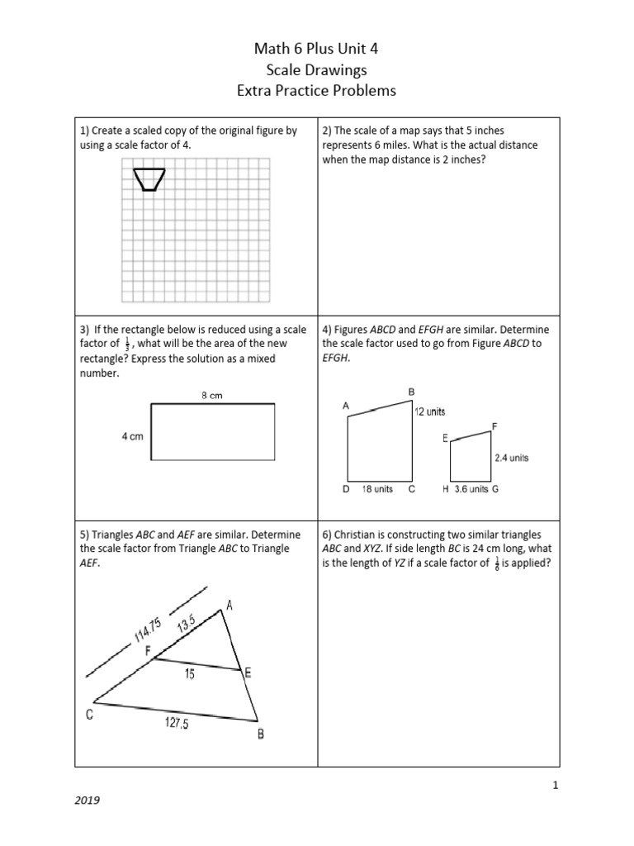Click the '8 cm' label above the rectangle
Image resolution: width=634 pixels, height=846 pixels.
(212, 396)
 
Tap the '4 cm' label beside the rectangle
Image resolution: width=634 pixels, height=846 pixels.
(133, 435)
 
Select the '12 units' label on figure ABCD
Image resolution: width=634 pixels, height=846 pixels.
(430, 411)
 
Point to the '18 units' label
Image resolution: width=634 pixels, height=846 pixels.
(378, 489)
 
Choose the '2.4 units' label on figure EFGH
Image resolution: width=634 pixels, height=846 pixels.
(511, 457)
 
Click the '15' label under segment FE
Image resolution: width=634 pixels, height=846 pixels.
(189, 674)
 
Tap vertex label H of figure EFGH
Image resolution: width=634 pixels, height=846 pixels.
(445, 489)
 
